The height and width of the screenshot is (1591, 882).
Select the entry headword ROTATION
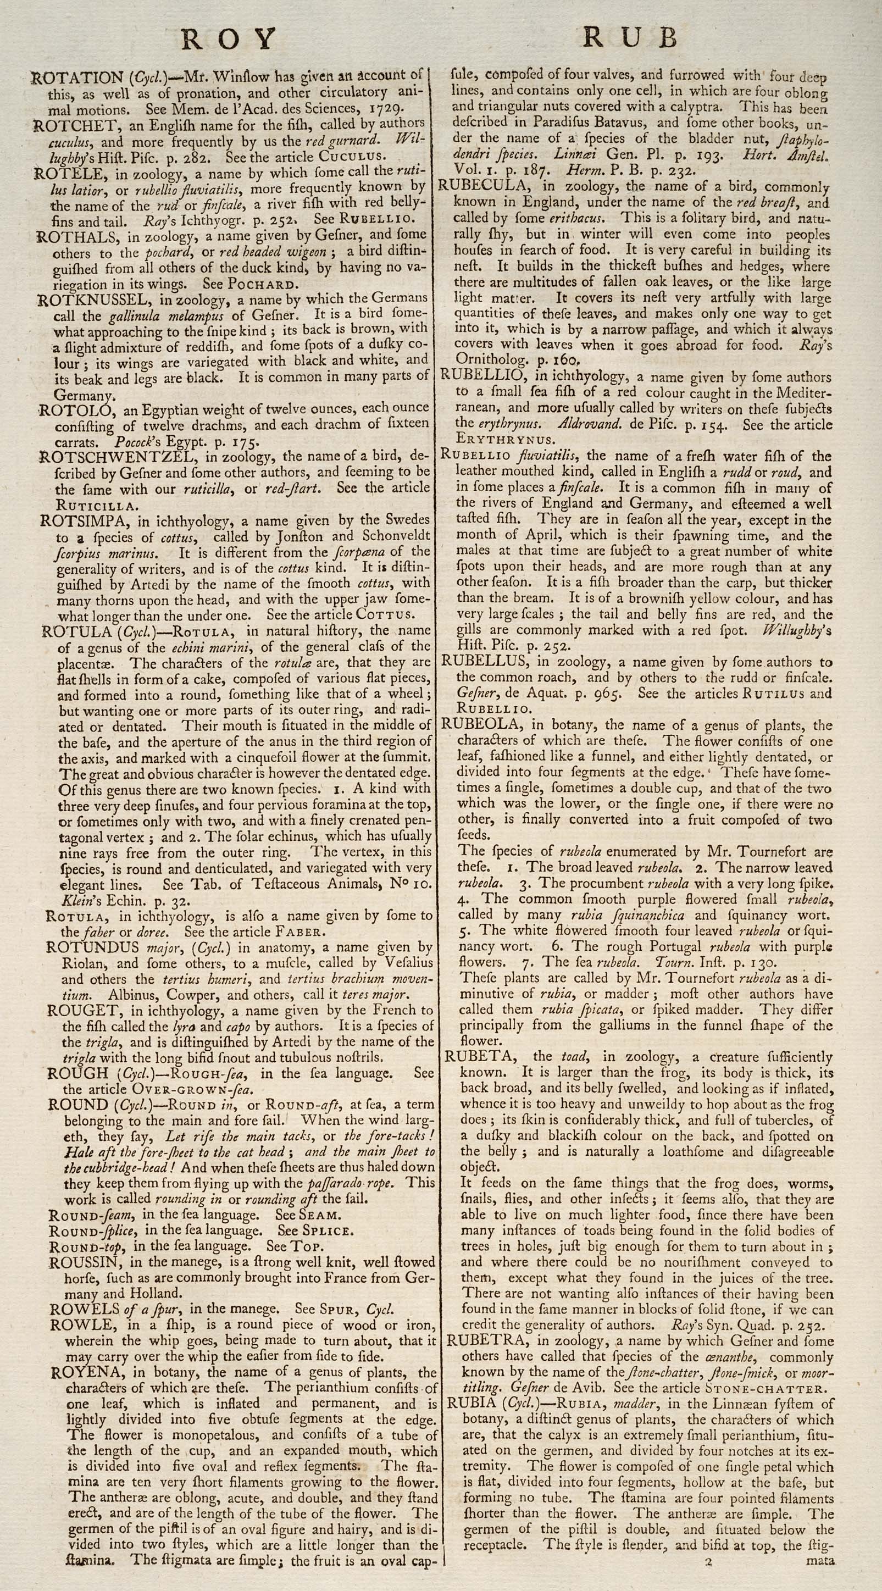click(x=76, y=78)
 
